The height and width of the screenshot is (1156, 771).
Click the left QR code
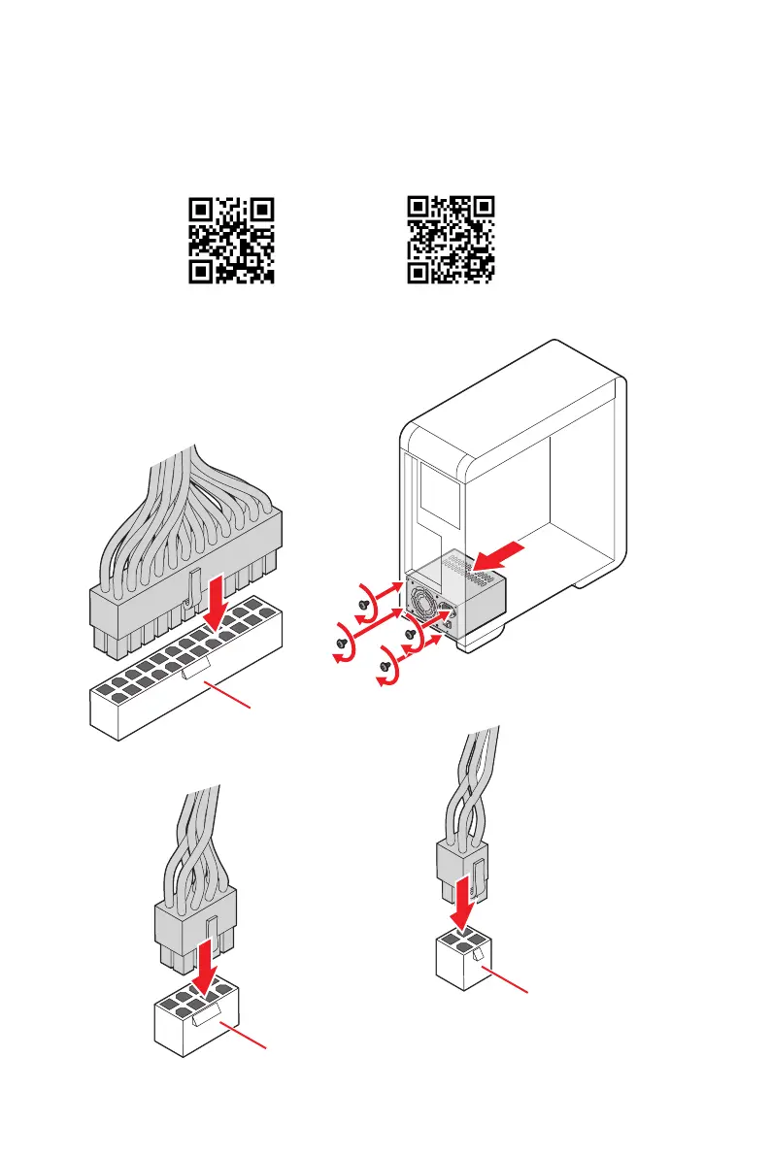[x=230, y=240]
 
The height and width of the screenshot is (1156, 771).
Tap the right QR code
[x=450, y=240]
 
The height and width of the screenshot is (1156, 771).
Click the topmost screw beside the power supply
[x=363, y=602]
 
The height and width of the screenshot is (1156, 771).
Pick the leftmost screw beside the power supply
[x=341, y=642]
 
